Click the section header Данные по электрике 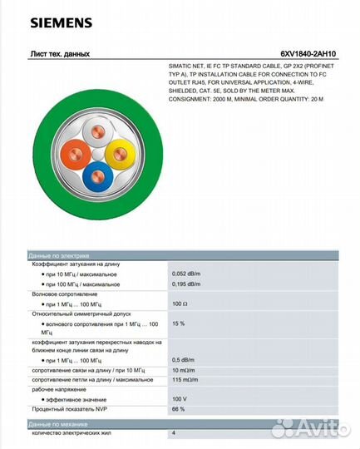(x=59, y=255)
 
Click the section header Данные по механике (x=58, y=423)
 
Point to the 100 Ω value (x=180, y=303)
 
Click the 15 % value (x=178, y=323)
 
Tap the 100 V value (x=180, y=399)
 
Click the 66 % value (x=178, y=409)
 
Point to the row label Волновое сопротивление (x=65, y=294)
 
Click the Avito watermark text (x=320, y=427)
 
